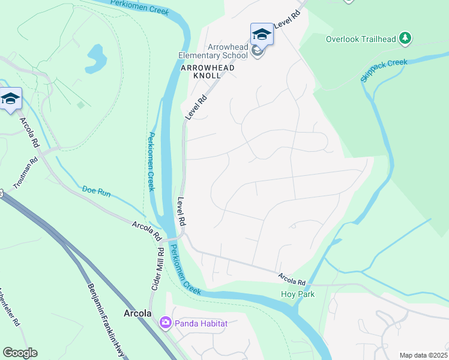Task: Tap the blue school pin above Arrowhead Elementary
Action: click(x=262, y=34)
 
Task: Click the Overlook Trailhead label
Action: click(x=361, y=40)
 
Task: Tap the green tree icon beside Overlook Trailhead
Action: click(x=406, y=38)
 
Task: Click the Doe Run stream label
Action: click(x=96, y=192)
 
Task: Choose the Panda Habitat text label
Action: click(x=201, y=324)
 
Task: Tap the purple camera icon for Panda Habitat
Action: click(x=165, y=323)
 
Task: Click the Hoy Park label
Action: click(x=298, y=295)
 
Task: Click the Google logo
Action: click(x=20, y=353)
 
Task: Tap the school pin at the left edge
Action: click(x=10, y=99)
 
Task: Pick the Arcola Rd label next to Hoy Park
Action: click(x=292, y=280)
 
